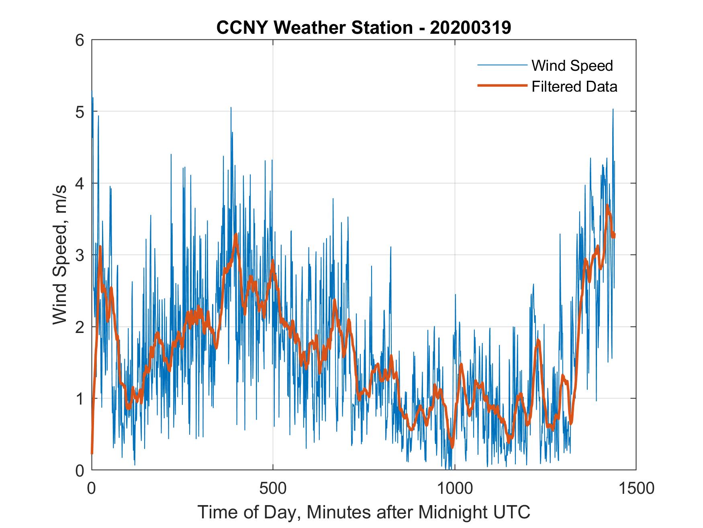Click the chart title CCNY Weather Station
pos(315,28)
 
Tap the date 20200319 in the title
pos(470,28)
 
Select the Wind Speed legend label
pos(572,66)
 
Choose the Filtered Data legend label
pos(574,86)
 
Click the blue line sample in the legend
pos(502,65)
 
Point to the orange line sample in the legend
pos(502,86)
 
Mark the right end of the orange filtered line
pos(614,234)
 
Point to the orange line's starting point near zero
pos(92,453)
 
